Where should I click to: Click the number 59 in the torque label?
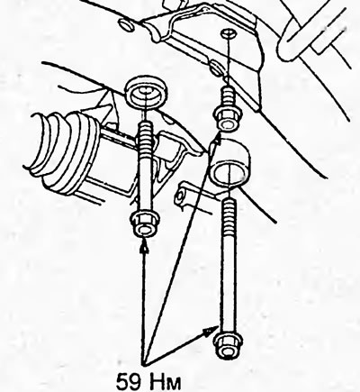(129, 382)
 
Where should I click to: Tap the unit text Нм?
(164, 382)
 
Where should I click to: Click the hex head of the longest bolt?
(226, 348)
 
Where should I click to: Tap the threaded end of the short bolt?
(228, 96)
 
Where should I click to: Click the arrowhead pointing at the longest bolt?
(211, 333)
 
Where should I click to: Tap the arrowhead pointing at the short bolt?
(217, 138)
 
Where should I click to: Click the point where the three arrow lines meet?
(145, 364)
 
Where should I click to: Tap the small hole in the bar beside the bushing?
(179, 197)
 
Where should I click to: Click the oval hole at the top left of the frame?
(127, 24)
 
